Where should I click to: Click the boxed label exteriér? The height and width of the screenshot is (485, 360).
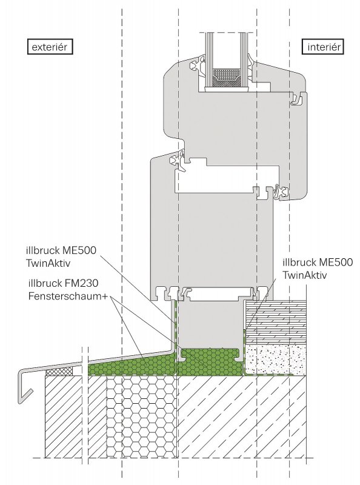click(x=50, y=47)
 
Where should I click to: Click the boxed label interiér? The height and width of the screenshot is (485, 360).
click(x=324, y=47)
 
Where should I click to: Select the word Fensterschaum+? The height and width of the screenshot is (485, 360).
click(x=68, y=296)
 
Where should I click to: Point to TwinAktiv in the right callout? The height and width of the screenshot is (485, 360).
click(x=305, y=275)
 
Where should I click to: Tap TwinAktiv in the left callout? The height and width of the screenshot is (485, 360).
click(x=49, y=263)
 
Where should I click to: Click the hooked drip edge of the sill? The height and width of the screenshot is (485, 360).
click(x=24, y=387)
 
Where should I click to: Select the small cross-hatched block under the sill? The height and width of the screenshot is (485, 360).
click(x=59, y=372)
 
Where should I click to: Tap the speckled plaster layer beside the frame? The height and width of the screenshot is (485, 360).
click(x=275, y=360)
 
